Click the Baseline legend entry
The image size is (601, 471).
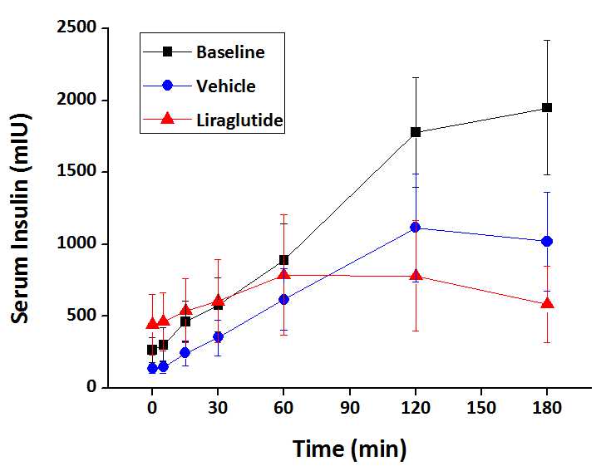click(x=230, y=52)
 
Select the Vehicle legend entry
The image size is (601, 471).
click(x=225, y=86)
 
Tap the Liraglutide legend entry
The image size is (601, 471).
click(x=239, y=120)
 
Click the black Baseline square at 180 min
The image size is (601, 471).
click(x=547, y=108)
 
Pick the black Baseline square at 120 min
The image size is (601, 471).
click(x=415, y=132)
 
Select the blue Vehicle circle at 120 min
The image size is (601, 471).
click(x=415, y=228)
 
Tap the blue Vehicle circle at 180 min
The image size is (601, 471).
click(x=547, y=241)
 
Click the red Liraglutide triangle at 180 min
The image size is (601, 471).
click(x=547, y=304)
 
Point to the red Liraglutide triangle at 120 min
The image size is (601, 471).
click(x=415, y=276)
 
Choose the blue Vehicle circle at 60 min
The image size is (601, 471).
click(x=283, y=299)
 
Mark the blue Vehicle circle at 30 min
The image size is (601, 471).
click(x=218, y=336)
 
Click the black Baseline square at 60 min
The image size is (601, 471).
click(x=283, y=260)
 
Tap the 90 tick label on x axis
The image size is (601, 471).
click(x=349, y=409)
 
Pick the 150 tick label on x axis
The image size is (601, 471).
click(x=480, y=409)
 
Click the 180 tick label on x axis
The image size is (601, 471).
click(x=547, y=409)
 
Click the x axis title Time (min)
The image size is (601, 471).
click(x=349, y=449)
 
